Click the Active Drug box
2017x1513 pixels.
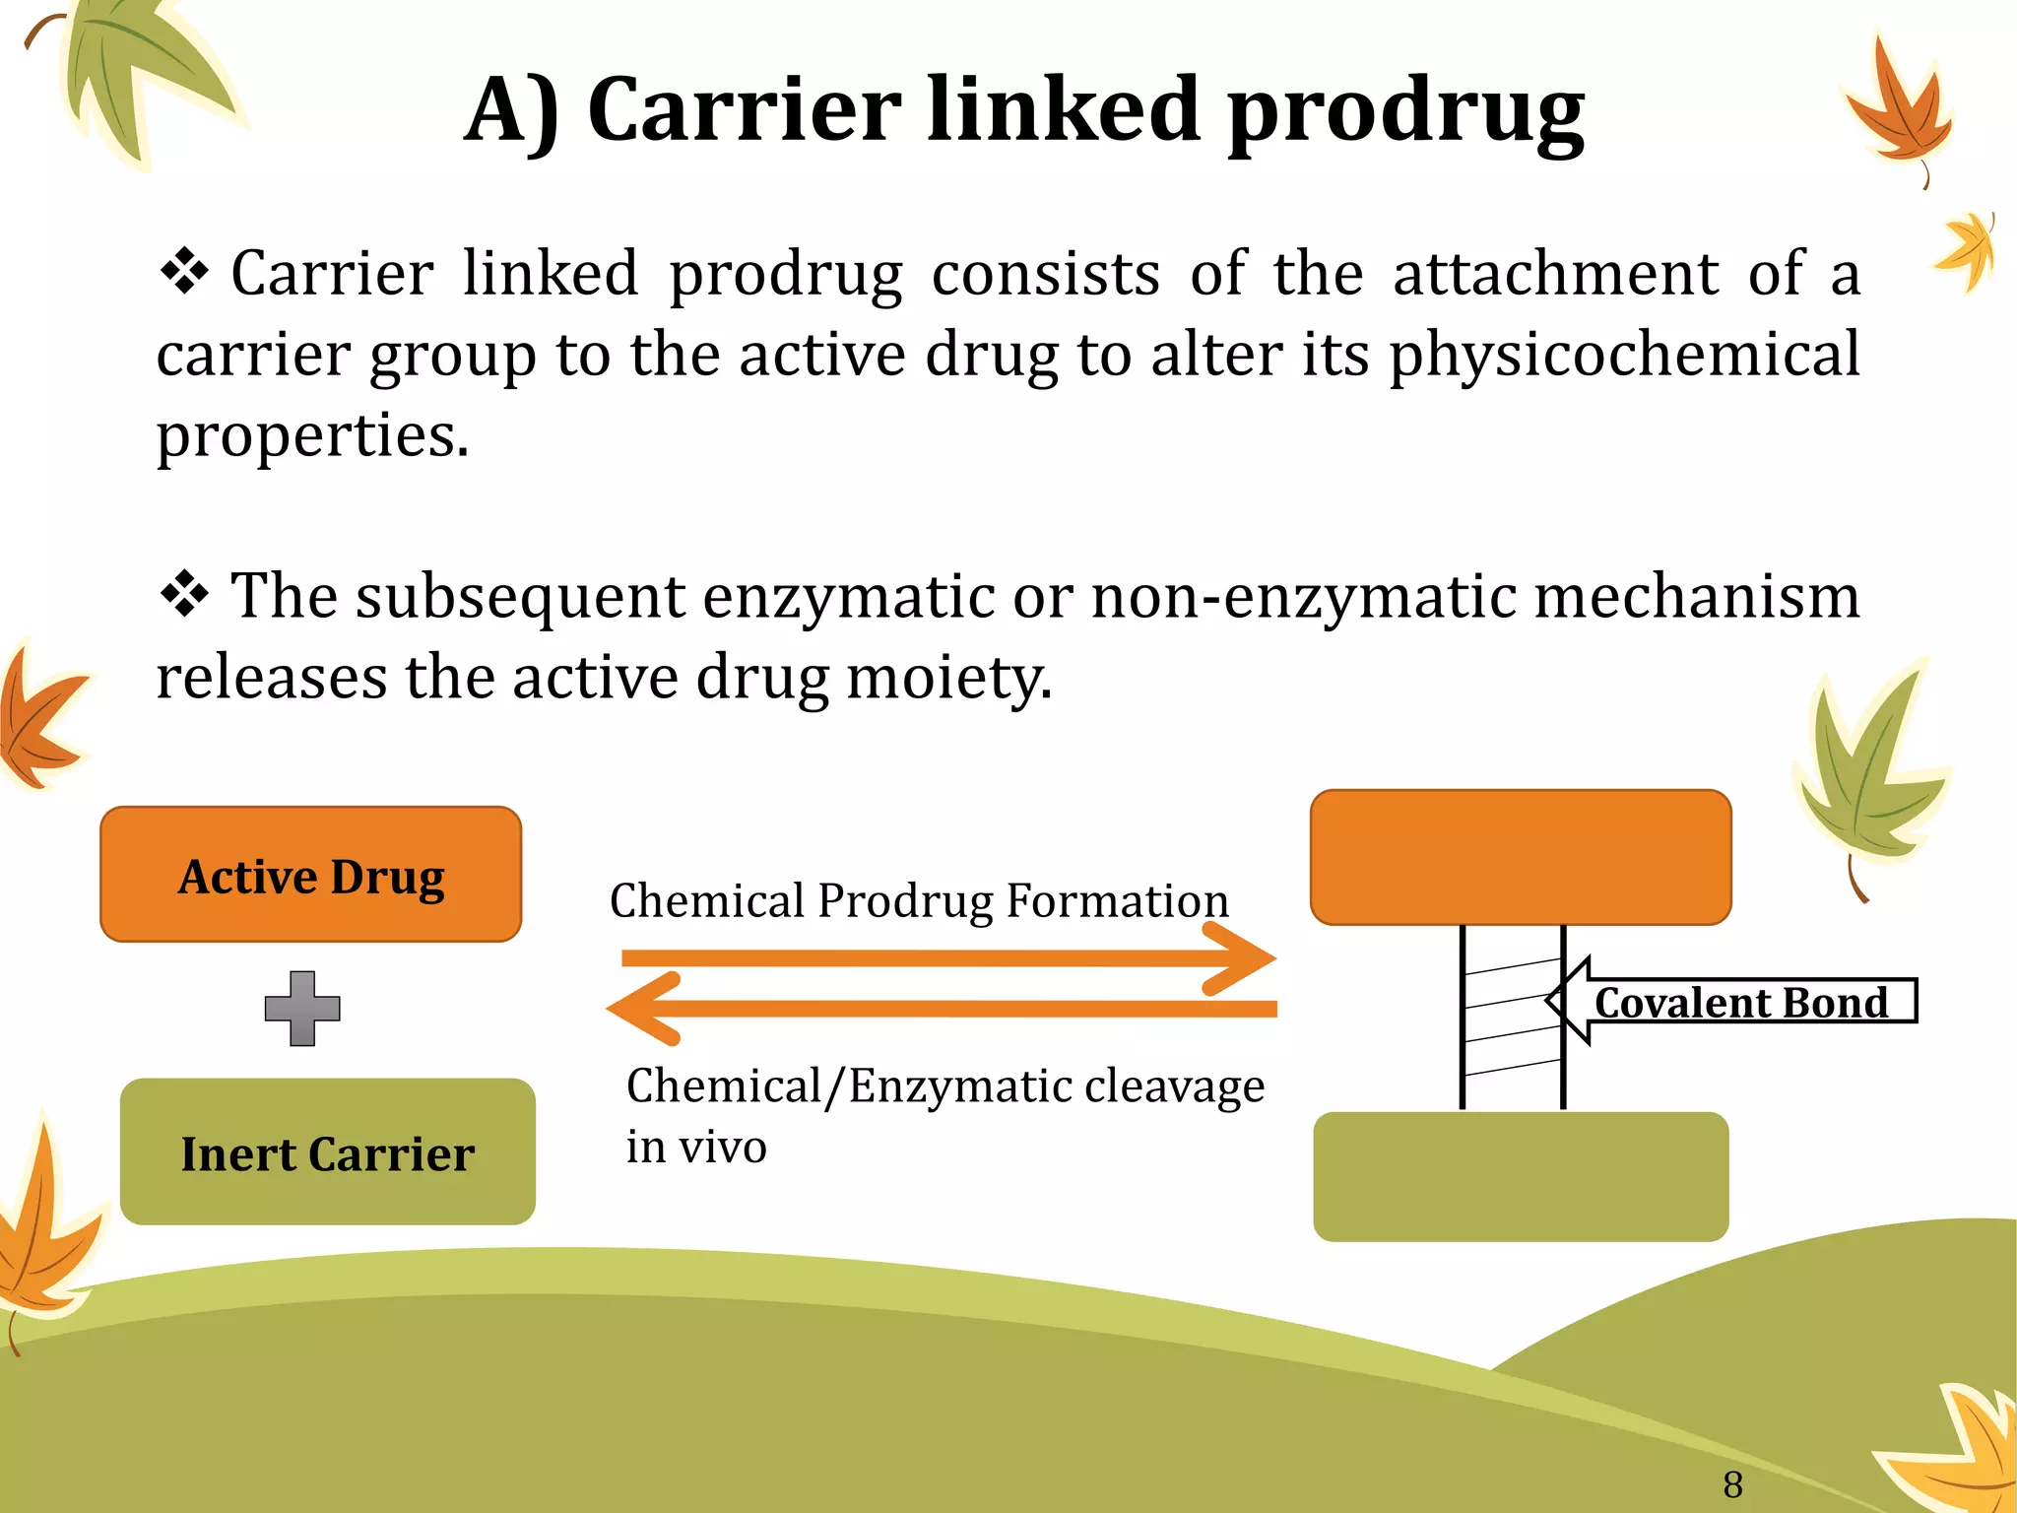(x=310, y=875)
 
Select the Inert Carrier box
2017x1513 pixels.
(x=327, y=1152)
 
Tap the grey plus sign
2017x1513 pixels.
(x=302, y=1008)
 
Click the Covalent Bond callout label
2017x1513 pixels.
(x=1740, y=1002)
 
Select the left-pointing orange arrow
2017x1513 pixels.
(x=941, y=1008)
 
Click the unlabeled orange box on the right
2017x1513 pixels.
(x=1520, y=857)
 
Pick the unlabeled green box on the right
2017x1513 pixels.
(x=1520, y=1176)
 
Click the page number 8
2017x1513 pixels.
(x=1732, y=1483)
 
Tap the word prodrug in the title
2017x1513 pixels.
(x=1405, y=110)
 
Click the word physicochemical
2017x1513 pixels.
(x=1624, y=354)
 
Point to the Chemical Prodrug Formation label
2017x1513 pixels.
(x=919, y=900)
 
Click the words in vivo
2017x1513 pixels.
(x=696, y=1147)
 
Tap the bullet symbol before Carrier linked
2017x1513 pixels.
(x=184, y=272)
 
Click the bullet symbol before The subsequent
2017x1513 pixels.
(x=184, y=595)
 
